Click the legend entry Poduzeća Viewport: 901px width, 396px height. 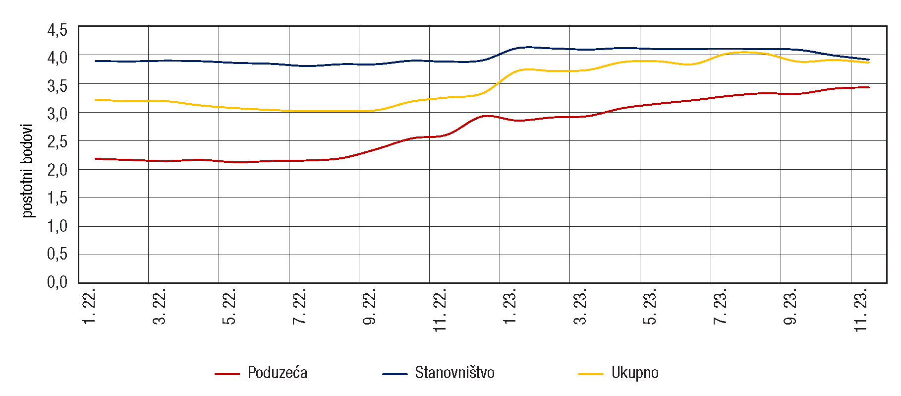click(277, 373)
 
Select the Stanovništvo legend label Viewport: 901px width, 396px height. click(454, 373)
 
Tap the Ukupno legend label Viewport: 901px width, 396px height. click(634, 373)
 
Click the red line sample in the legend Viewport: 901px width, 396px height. click(227, 374)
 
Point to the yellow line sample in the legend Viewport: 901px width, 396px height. click(591, 374)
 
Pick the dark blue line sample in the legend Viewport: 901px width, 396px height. click(395, 374)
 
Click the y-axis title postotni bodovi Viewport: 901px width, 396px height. click(28, 170)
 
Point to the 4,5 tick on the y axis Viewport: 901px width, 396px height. click(57, 30)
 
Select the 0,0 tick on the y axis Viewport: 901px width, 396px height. click(57, 282)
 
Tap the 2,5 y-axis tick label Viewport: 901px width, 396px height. click(57, 142)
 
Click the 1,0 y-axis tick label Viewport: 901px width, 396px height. click(57, 226)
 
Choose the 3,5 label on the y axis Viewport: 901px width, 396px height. click(57, 86)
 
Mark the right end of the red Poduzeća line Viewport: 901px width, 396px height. click(869, 87)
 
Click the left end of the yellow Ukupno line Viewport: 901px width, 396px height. click(96, 100)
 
